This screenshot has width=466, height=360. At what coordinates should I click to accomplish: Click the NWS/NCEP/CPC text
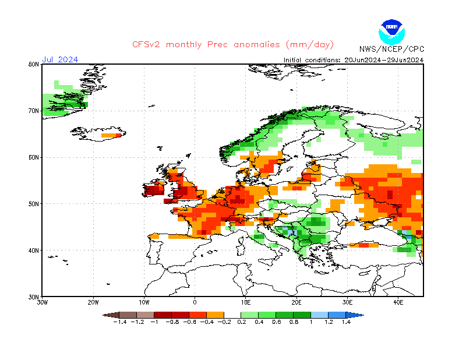(391, 49)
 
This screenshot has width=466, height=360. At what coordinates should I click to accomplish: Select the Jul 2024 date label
(60, 59)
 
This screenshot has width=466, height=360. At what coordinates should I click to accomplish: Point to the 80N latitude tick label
(33, 64)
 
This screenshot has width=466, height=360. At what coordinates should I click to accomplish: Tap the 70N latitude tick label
(33, 111)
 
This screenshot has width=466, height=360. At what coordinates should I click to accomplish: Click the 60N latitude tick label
(33, 157)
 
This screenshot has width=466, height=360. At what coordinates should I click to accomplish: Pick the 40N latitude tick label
(33, 250)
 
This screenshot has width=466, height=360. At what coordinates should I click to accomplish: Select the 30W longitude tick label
(43, 302)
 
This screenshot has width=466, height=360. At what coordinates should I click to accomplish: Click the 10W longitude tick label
(144, 302)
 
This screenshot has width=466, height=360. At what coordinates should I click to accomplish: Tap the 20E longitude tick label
(296, 302)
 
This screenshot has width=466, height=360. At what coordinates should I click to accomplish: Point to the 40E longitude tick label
(398, 302)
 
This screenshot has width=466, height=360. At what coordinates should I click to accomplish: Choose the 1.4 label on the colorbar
(346, 322)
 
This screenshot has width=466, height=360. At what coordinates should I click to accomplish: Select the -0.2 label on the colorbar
(224, 322)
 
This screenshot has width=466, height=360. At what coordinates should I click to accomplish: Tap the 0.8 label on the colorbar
(294, 322)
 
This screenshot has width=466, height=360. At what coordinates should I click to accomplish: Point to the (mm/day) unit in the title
(310, 45)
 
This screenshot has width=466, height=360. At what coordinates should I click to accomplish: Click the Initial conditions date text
(353, 59)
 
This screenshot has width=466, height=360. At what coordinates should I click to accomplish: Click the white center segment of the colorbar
(233, 315)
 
